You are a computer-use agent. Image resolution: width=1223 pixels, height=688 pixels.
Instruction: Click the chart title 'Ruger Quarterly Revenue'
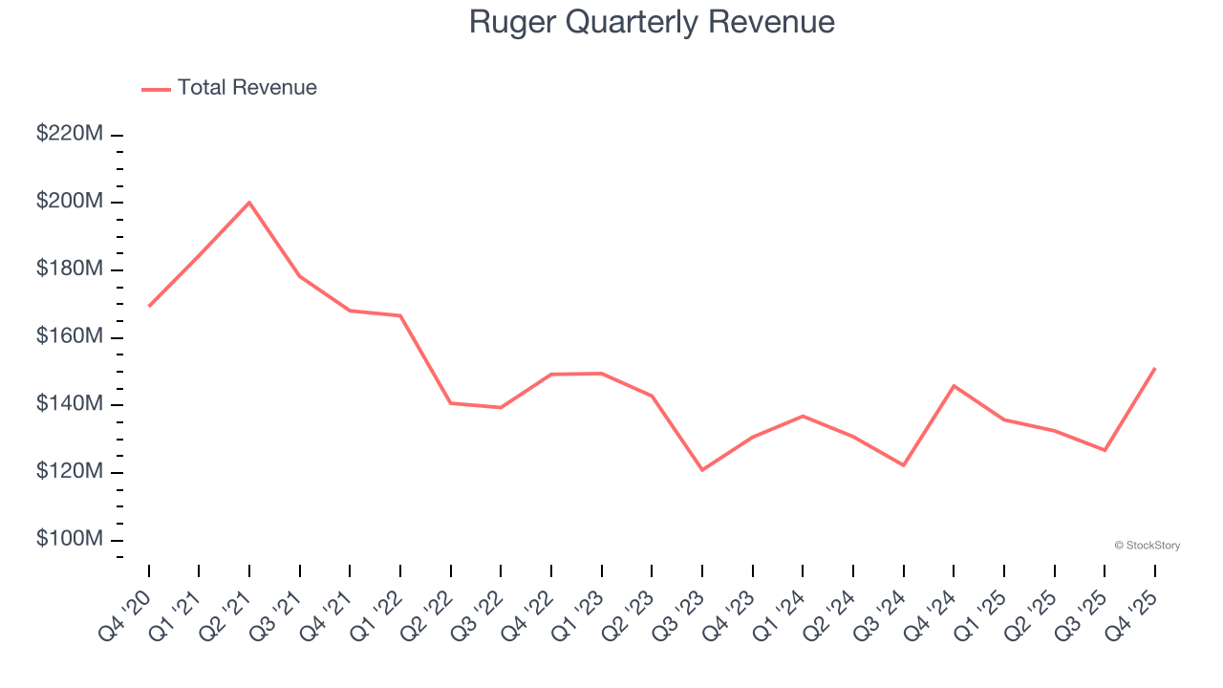click(x=652, y=22)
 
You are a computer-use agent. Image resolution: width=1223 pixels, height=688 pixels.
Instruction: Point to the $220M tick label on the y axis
click(x=69, y=135)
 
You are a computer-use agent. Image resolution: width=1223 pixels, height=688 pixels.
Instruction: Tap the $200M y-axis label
click(x=69, y=202)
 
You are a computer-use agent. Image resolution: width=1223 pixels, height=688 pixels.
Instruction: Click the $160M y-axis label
click(x=69, y=336)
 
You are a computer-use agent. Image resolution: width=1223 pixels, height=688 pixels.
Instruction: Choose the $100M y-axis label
click(x=69, y=539)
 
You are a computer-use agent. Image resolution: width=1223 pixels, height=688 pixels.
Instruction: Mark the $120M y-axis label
click(x=69, y=472)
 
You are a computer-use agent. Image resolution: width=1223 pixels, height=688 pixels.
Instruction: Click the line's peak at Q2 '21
click(x=249, y=203)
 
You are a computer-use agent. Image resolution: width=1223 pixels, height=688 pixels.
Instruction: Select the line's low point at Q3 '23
click(x=702, y=470)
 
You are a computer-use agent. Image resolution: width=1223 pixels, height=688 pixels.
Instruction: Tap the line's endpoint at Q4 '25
click(x=1155, y=368)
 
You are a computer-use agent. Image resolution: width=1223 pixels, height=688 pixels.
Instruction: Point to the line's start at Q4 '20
click(x=149, y=306)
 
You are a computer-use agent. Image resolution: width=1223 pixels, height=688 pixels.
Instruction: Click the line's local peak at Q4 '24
click(x=954, y=386)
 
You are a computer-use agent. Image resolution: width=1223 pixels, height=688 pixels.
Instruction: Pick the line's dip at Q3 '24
click(x=904, y=465)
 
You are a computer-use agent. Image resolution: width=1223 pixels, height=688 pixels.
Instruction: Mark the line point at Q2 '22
click(x=451, y=403)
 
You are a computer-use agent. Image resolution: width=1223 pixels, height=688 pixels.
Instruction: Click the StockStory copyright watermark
click(x=1147, y=546)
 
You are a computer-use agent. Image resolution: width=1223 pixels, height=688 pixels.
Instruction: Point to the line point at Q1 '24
click(x=803, y=416)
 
